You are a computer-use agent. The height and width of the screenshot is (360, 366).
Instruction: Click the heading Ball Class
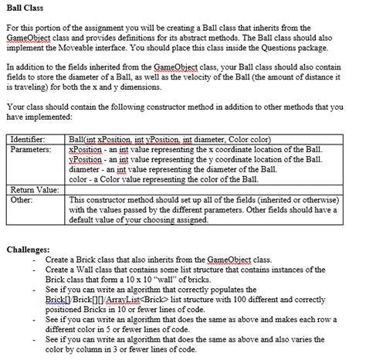point(24,8)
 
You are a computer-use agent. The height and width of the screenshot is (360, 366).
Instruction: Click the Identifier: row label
point(27,138)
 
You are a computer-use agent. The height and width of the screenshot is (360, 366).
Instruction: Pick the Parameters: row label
point(29,148)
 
